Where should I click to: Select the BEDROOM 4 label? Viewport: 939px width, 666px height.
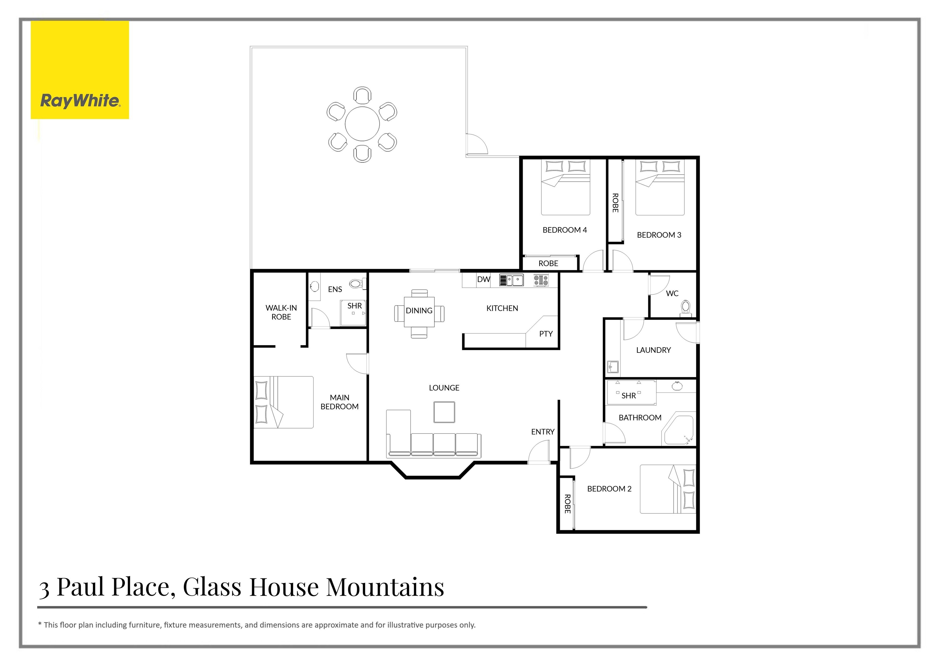click(565, 230)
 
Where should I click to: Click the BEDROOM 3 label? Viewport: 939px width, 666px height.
click(659, 235)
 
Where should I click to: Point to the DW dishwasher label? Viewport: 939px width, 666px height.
click(483, 279)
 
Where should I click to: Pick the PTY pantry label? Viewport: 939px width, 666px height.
click(546, 334)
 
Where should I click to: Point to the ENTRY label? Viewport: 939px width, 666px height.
click(543, 432)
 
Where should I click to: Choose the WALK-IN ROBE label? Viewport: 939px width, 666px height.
click(281, 312)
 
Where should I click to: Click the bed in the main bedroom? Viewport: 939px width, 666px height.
click(283, 402)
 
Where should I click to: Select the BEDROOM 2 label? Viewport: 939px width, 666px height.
click(609, 489)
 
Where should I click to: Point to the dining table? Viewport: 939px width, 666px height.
click(419, 312)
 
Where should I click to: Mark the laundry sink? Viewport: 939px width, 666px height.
click(613, 366)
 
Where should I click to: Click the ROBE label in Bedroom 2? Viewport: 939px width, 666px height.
click(567, 504)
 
